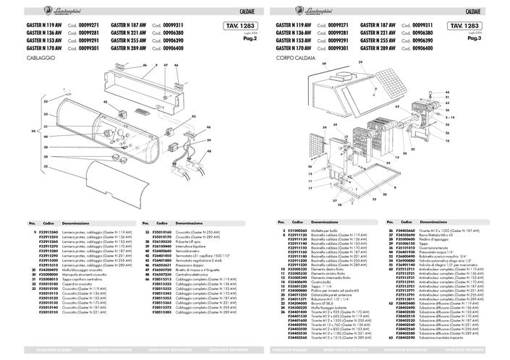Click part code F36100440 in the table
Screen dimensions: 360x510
click(159, 246)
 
